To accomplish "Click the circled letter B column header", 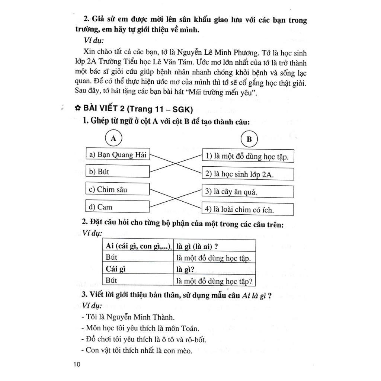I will [x=249, y=140].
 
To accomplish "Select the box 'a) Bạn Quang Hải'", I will [x=118, y=154].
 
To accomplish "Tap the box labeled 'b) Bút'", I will [x=118, y=172].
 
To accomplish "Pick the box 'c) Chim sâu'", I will [x=118, y=189].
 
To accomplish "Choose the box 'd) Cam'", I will [x=118, y=207].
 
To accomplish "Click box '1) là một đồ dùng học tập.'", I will [x=248, y=156].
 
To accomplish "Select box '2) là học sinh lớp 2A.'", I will [x=248, y=174].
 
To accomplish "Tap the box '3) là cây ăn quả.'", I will [x=248, y=192].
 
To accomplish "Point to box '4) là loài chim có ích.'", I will [x=248, y=209].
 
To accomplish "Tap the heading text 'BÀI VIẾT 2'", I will [x=105, y=108].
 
